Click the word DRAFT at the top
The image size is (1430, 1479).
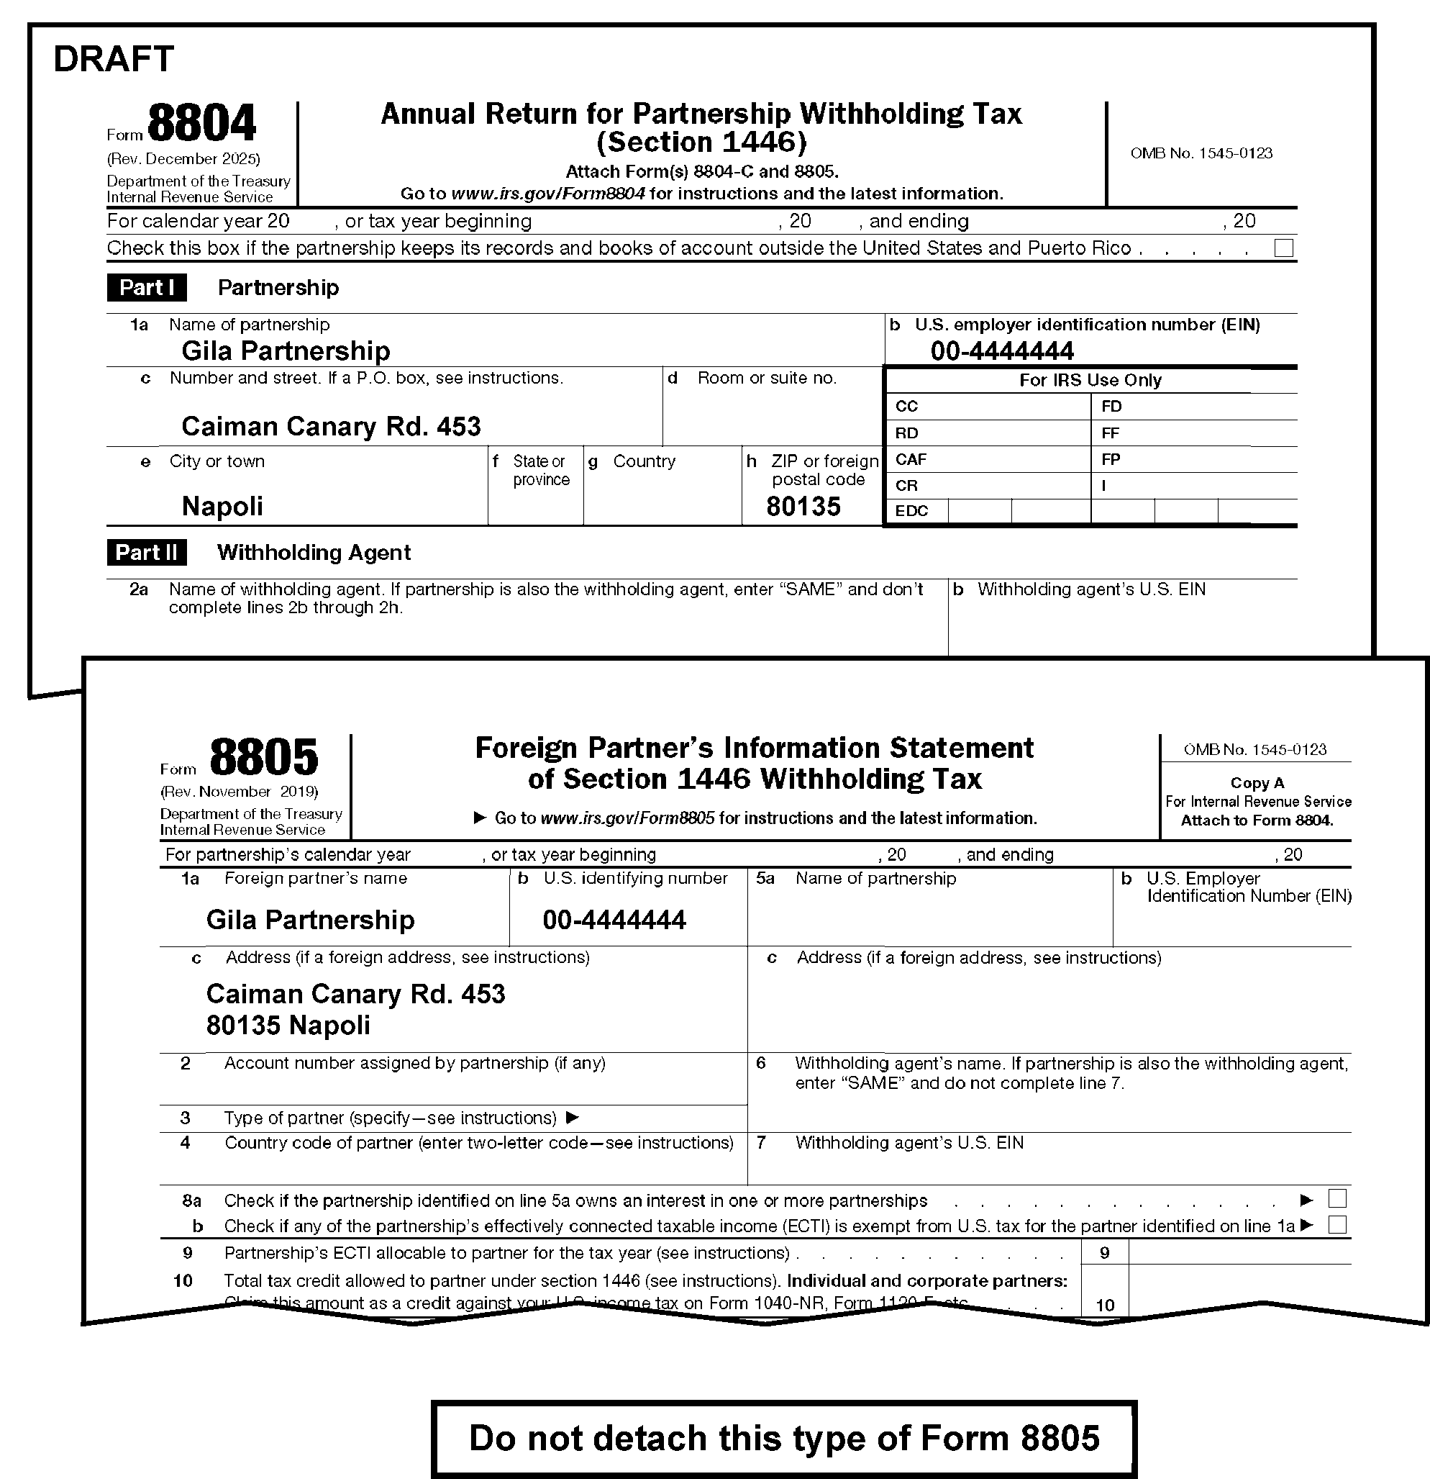[x=113, y=59]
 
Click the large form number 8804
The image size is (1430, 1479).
[x=201, y=123]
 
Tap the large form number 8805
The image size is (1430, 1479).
[x=264, y=757]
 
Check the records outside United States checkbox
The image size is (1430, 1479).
[x=1283, y=248]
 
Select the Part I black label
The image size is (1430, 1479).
[x=147, y=287]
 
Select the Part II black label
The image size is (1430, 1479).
[x=147, y=552]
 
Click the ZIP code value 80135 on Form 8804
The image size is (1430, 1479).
[x=803, y=507]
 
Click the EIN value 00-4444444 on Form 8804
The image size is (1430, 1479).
[x=1002, y=351]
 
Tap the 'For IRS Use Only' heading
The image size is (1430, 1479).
[x=1090, y=380]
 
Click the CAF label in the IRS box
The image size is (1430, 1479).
[x=911, y=460]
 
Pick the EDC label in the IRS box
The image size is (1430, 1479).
[x=911, y=511]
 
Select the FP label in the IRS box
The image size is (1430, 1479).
[x=1111, y=460]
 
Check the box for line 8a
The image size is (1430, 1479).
[x=1337, y=1198]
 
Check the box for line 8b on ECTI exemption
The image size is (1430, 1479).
[x=1337, y=1225]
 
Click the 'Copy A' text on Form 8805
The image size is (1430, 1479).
[x=1257, y=783]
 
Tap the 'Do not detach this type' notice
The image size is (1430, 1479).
[x=784, y=1438]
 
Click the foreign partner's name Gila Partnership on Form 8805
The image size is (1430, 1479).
[x=310, y=920]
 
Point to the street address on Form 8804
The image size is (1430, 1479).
[x=331, y=426]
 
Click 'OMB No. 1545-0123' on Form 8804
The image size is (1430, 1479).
[x=1201, y=153]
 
